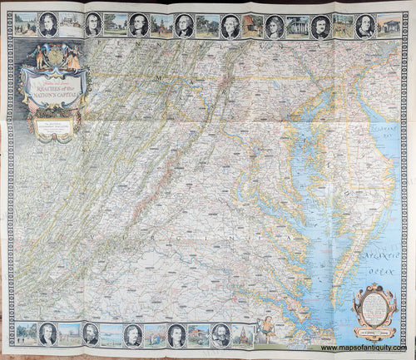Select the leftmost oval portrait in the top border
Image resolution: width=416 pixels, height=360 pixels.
[x=48, y=25]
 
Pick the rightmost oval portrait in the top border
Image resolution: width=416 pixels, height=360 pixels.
[x=364, y=26]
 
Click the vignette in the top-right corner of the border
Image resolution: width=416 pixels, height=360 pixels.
[x=389, y=26]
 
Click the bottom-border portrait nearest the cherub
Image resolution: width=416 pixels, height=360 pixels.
[x=216, y=335]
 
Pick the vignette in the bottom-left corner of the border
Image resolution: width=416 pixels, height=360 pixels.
[x=26, y=334]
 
